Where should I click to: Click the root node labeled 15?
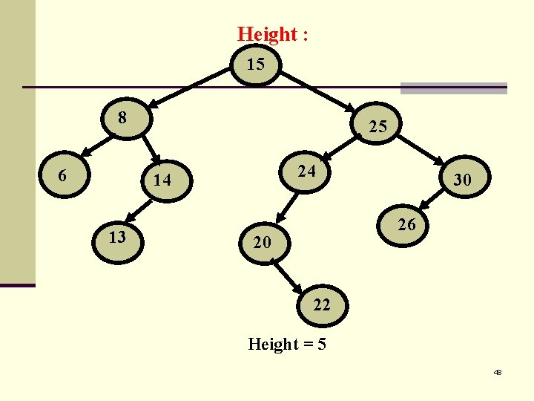[x=256, y=65]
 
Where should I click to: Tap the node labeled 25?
[x=377, y=127]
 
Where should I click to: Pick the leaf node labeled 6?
[x=64, y=176]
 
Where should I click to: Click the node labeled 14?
[x=162, y=180]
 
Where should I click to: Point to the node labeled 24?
[x=306, y=172]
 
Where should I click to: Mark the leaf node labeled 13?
[x=117, y=237]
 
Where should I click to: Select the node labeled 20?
[x=261, y=243]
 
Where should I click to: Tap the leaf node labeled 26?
[x=406, y=224]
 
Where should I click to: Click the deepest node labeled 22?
[x=322, y=304]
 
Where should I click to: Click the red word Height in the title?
[x=267, y=34]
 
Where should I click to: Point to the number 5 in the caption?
[x=322, y=345]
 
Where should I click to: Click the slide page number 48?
[x=498, y=372]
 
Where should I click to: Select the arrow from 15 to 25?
[x=319, y=91]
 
